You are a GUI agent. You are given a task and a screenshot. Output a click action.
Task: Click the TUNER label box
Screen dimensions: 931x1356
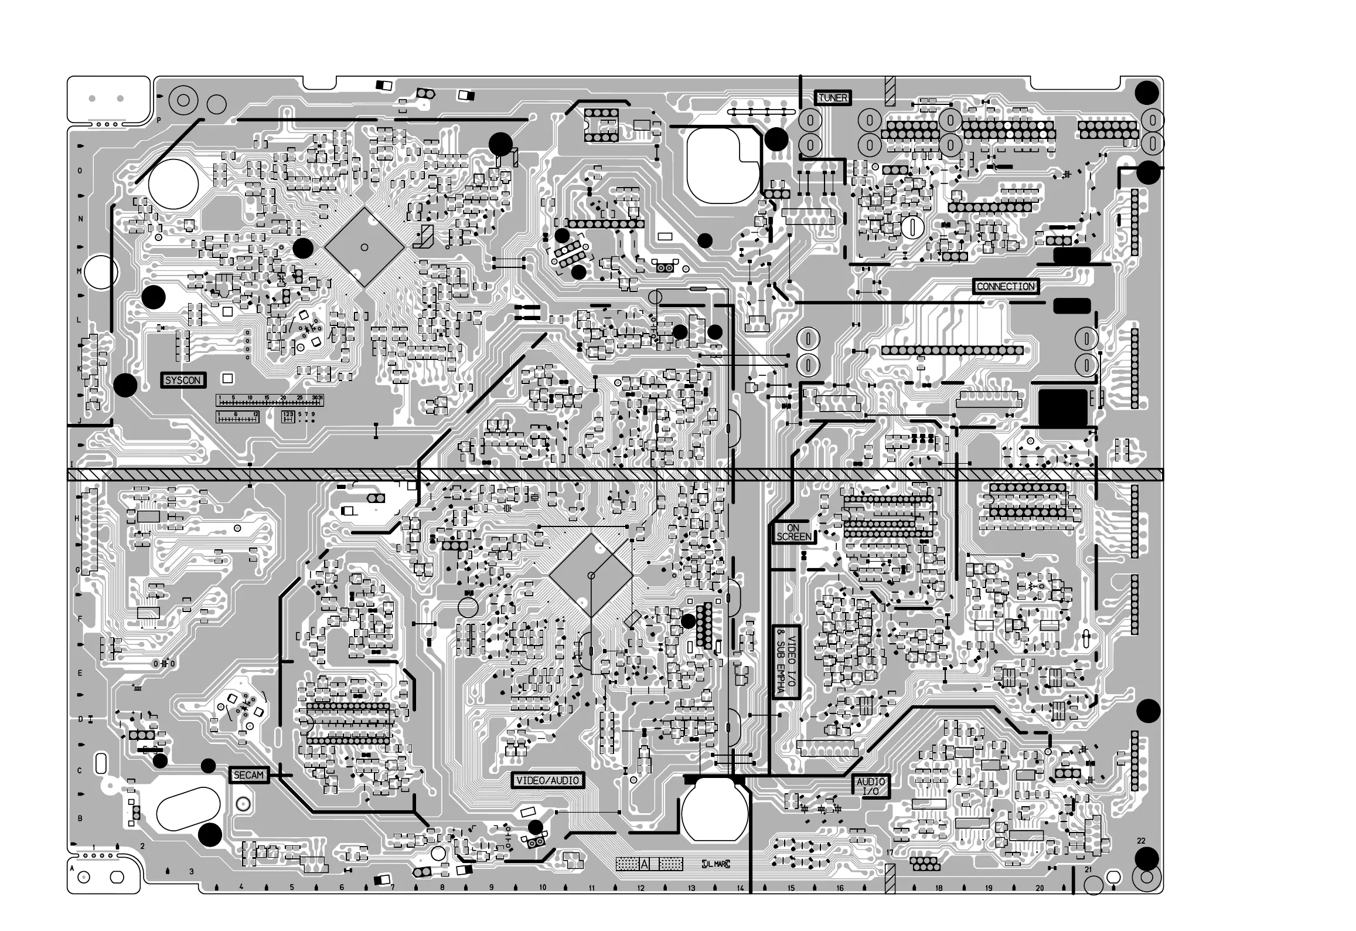coord(832,98)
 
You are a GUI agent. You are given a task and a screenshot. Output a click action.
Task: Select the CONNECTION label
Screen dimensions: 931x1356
coord(1006,287)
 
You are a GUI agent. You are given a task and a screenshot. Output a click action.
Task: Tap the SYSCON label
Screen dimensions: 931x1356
coord(183,380)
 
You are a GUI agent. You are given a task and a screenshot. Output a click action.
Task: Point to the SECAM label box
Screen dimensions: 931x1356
coord(248,775)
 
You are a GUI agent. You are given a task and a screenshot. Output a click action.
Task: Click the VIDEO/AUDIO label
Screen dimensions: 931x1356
coord(547,780)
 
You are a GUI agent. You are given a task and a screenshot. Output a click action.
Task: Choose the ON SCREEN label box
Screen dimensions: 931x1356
coord(793,532)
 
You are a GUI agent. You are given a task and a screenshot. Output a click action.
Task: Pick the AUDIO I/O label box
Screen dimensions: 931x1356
coord(870,787)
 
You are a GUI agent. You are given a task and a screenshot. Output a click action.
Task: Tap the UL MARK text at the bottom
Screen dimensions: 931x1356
coord(716,864)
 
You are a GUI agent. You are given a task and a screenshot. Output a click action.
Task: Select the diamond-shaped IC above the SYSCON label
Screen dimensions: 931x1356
coord(364,247)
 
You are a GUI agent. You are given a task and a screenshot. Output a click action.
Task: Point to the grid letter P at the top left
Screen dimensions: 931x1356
coord(158,120)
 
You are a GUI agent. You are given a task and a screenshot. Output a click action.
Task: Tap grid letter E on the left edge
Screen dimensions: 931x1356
coord(80,673)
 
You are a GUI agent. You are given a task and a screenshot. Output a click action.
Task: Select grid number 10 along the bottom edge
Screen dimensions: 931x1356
coord(543,888)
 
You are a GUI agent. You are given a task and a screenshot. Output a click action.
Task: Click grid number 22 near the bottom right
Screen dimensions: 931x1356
coord(1141,841)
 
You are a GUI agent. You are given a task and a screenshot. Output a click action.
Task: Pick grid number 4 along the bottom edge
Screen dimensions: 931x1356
coord(241,887)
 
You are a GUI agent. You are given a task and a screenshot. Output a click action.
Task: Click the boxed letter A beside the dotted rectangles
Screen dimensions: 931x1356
coord(645,864)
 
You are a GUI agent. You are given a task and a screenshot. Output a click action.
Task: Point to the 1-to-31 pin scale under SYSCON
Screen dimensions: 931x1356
coord(270,400)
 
